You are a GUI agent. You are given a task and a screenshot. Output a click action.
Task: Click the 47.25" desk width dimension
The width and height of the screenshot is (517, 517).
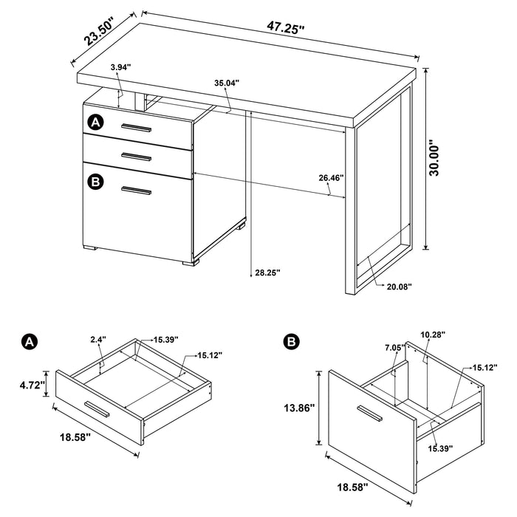(x=286, y=29)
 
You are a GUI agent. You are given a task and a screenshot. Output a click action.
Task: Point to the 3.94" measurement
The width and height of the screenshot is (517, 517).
(x=120, y=67)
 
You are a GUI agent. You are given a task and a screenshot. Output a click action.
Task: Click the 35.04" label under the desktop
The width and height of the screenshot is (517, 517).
(x=226, y=83)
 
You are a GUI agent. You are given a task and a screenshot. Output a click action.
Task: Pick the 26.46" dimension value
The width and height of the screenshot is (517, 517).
(x=332, y=178)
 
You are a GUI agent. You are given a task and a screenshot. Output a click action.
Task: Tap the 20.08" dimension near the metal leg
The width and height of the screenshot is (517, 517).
(x=400, y=286)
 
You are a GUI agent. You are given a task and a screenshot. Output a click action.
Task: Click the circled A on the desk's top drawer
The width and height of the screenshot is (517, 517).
(x=95, y=122)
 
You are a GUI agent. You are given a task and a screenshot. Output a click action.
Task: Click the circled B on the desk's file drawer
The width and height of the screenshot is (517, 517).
(x=95, y=181)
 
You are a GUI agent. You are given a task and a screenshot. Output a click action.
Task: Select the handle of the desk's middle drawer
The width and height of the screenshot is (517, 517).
(x=137, y=156)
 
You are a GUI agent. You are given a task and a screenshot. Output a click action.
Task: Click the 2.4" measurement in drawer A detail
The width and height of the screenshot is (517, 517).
(x=97, y=340)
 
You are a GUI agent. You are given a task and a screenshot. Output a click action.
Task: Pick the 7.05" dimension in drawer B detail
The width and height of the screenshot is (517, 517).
(x=393, y=347)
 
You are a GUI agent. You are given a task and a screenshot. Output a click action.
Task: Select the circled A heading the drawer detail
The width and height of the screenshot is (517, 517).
(x=30, y=341)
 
